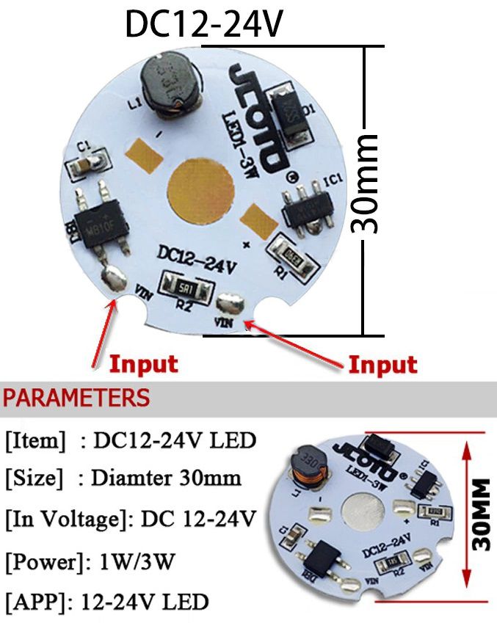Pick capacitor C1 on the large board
click(87, 164)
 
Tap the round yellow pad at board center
click(197, 192)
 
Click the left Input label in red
click(144, 363)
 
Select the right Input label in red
click(382, 365)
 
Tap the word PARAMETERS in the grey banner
click(77, 398)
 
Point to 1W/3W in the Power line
click(137, 562)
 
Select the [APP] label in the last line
click(37, 603)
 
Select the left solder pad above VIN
click(115, 280)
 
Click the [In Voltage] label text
click(62, 520)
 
